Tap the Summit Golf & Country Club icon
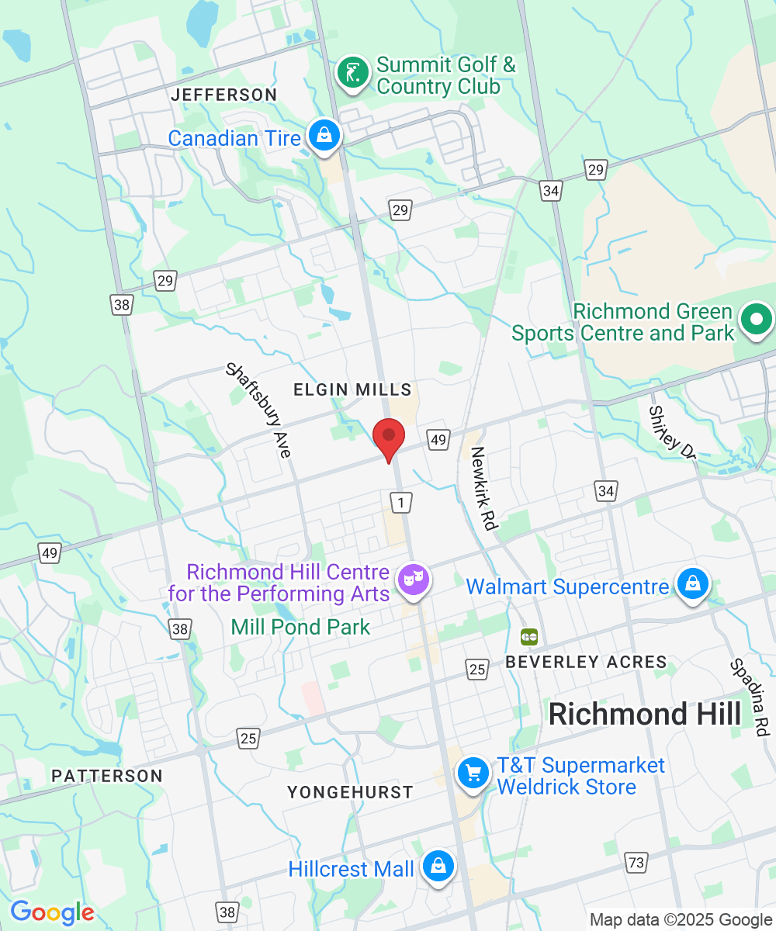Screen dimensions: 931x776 pos(353,74)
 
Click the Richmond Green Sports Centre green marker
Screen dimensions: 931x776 pos(755,319)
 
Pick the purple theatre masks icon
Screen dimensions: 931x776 pos(413,579)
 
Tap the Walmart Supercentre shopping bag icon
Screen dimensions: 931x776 pos(692,583)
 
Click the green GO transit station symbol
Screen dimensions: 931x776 pos(530,637)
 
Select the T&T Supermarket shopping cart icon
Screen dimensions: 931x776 pos(473,773)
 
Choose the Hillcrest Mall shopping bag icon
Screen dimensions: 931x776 pos(438,865)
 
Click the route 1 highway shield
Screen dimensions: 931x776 pos(400,503)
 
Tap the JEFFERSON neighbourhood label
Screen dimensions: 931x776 pos(224,95)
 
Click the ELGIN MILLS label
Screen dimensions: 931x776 pos(352,389)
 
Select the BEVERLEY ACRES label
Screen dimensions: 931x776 pos(586,662)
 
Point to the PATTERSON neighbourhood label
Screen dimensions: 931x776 pos(107,776)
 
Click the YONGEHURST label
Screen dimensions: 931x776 pos(350,792)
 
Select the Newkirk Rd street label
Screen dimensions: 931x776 pos(483,488)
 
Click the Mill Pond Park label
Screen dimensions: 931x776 pos(301,626)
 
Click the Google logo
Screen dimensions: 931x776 pos(52,912)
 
